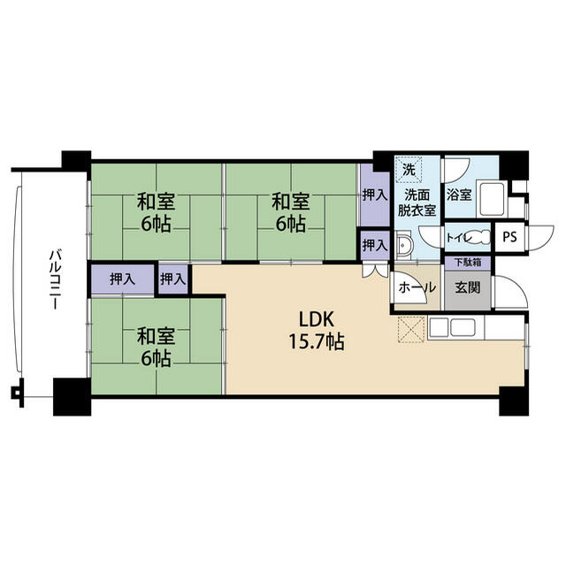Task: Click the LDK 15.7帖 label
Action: (x=317, y=330)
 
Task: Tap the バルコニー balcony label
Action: (x=55, y=279)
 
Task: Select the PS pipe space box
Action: (x=509, y=237)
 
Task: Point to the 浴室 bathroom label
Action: (x=459, y=195)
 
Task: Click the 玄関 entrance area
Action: (x=468, y=287)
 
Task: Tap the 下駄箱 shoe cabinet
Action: (x=468, y=262)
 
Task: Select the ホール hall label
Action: (x=417, y=287)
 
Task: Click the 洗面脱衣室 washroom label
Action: (x=417, y=203)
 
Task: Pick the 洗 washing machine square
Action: (x=409, y=169)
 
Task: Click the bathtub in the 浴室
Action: (x=492, y=200)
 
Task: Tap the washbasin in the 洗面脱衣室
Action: (x=403, y=245)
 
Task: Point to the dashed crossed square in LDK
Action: (x=411, y=329)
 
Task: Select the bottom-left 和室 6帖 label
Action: (x=156, y=347)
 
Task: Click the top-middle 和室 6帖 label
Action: (x=291, y=213)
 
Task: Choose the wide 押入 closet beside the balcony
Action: (x=123, y=279)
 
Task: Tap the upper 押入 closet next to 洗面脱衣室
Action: (x=375, y=195)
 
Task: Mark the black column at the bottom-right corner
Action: (x=514, y=401)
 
